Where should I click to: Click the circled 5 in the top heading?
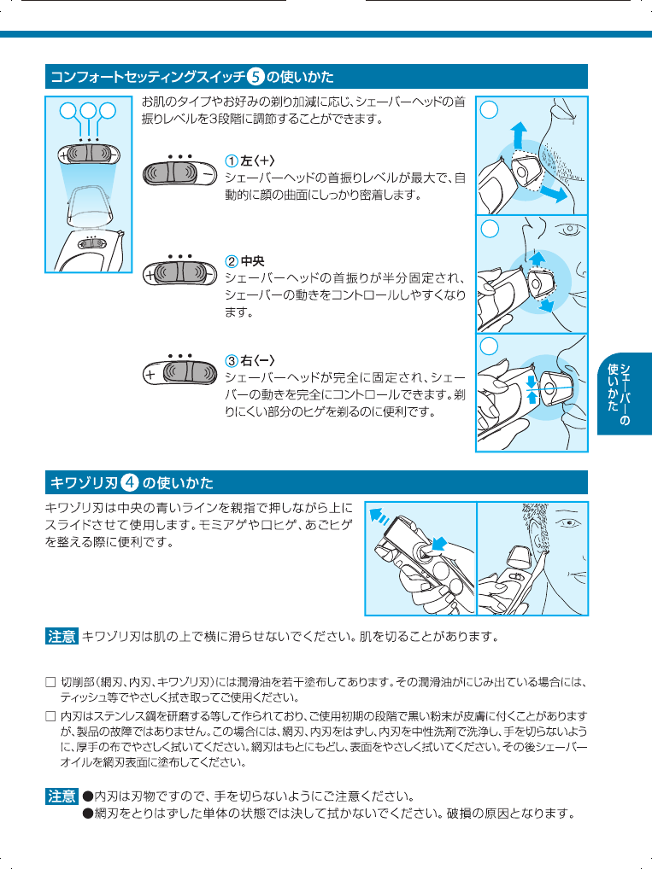pyautogui.click(x=256, y=78)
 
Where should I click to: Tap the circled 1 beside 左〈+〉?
pyautogui.click(x=231, y=161)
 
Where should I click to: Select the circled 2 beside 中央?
pyautogui.click(x=231, y=260)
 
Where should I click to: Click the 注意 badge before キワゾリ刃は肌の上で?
pyautogui.click(x=61, y=636)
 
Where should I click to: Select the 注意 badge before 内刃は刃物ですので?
pyautogui.click(x=61, y=796)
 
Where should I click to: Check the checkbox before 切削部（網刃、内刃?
pyautogui.click(x=50, y=683)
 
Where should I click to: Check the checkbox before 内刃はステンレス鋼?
pyautogui.click(x=50, y=714)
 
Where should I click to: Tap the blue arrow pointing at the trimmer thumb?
pyautogui.click(x=438, y=543)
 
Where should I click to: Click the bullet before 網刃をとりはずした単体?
pyautogui.click(x=87, y=814)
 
